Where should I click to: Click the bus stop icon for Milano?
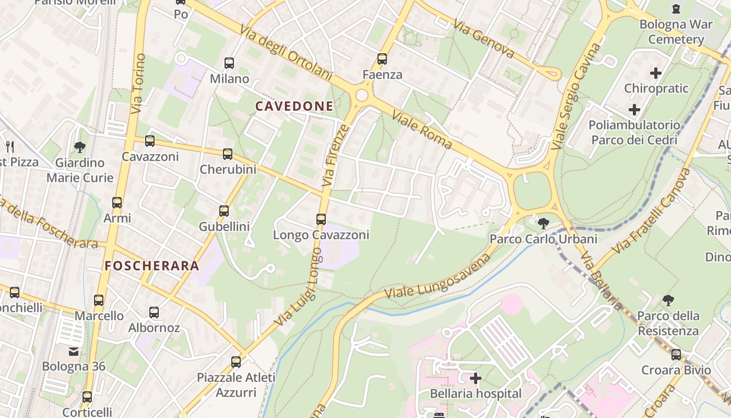tap(229, 63)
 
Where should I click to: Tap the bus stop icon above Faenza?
tap(382, 59)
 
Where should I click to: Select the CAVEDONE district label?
tap(294, 106)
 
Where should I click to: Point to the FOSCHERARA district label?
tap(152, 265)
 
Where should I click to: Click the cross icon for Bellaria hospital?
tap(476, 378)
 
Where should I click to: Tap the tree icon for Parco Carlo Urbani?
tap(543, 224)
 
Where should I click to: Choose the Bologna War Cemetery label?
tap(676, 32)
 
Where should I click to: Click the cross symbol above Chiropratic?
tap(656, 73)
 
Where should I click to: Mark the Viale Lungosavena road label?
tap(439, 276)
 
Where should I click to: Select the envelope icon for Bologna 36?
tap(74, 351)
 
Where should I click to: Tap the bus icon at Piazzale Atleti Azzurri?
tap(236, 362)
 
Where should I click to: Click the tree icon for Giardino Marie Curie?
tap(80, 147)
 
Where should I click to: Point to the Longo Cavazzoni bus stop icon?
tap(321, 219)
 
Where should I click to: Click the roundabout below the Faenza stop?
tap(361, 95)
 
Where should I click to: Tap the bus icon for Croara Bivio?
tap(676, 355)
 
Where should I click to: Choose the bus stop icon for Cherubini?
tap(228, 154)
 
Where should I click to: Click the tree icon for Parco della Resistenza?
tap(668, 300)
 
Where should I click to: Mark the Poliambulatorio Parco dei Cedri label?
tap(634, 133)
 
